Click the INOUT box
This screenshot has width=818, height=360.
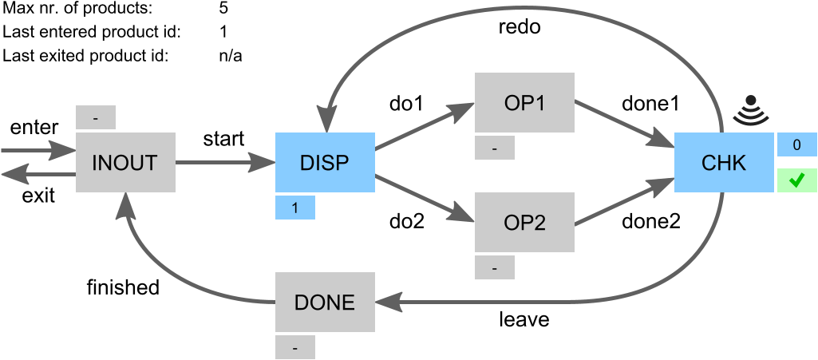point(125,162)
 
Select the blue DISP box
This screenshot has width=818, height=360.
point(325,162)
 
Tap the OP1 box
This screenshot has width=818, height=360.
point(524,102)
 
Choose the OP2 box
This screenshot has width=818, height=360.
point(524,222)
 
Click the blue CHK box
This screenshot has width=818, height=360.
point(723,162)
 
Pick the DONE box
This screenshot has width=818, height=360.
point(325,302)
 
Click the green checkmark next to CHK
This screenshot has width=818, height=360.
point(797,181)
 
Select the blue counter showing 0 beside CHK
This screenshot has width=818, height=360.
point(797,144)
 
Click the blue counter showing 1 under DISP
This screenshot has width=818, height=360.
point(295,208)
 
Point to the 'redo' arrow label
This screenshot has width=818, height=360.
point(520,27)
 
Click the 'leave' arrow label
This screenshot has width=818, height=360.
point(524,320)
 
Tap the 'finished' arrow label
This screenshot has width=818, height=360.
point(123,287)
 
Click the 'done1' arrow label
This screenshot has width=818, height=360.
point(650,103)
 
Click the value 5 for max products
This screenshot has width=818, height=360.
point(223,10)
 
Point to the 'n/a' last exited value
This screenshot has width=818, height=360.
point(231,56)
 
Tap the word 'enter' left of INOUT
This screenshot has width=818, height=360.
point(34,128)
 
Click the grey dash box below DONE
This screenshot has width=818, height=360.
point(295,348)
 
